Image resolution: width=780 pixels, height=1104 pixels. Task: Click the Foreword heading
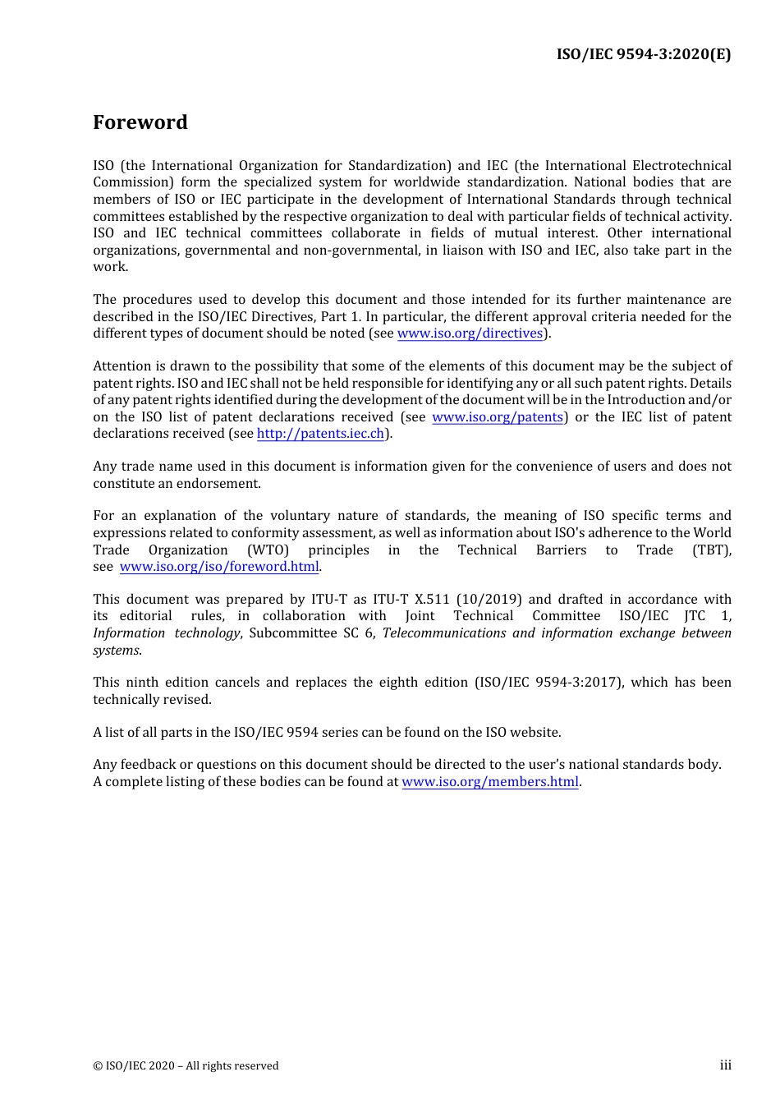point(140,122)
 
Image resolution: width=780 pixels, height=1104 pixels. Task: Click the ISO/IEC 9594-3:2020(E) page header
point(643,54)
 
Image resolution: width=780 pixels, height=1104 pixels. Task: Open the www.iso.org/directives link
point(470,333)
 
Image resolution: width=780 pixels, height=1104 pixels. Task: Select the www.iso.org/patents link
point(498,417)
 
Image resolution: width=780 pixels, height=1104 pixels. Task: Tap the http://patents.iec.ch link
point(320,434)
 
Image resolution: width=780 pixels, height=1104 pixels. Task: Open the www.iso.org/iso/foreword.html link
point(218,567)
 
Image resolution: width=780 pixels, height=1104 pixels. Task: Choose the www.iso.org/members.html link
point(489,782)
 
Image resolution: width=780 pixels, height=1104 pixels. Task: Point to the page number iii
point(725,1065)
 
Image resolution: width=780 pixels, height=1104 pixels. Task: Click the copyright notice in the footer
point(186,1066)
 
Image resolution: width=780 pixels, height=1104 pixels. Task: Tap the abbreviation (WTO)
point(268,550)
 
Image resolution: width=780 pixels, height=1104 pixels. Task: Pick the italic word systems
point(116,651)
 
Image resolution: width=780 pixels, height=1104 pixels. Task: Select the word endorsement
point(219,484)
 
